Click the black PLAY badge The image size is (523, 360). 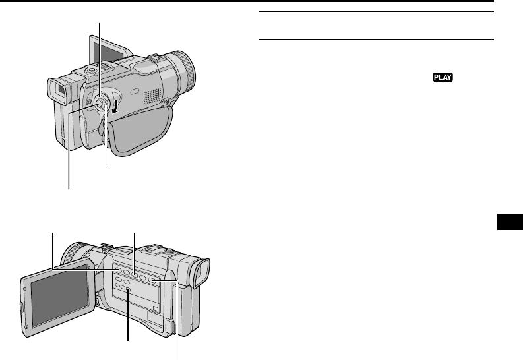443,77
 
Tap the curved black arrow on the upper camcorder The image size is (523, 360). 115,107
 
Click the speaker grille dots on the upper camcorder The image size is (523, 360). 152,96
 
